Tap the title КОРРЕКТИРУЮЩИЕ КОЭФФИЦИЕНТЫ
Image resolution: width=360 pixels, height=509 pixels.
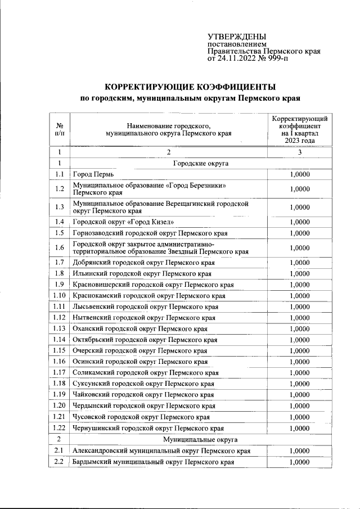point(191,87)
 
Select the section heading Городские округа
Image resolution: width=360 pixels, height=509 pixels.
point(200,163)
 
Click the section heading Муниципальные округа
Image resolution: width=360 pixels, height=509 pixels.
point(200,439)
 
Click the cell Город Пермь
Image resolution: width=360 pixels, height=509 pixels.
point(93,174)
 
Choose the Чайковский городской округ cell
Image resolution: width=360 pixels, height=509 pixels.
point(143,394)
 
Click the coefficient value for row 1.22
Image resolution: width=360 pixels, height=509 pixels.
point(300,428)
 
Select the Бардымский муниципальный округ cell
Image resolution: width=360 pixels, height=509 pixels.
point(153,462)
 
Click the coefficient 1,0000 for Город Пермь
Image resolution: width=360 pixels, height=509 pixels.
point(300,174)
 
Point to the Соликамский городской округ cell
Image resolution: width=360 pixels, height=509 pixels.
point(145,372)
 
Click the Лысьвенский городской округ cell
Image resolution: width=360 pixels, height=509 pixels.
point(146,307)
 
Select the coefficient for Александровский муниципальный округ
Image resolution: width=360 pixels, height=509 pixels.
point(300,451)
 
